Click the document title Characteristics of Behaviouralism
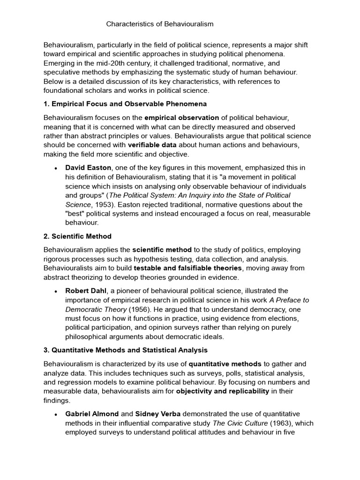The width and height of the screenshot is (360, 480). pos(160,23)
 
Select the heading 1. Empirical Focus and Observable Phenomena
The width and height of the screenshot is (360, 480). pos(125,103)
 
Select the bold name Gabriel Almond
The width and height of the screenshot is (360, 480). pos(92,414)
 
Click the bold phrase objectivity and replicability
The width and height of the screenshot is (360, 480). pos(223,391)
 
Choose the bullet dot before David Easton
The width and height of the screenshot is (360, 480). pos(56,168)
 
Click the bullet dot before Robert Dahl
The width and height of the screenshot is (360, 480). pos(56,291)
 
